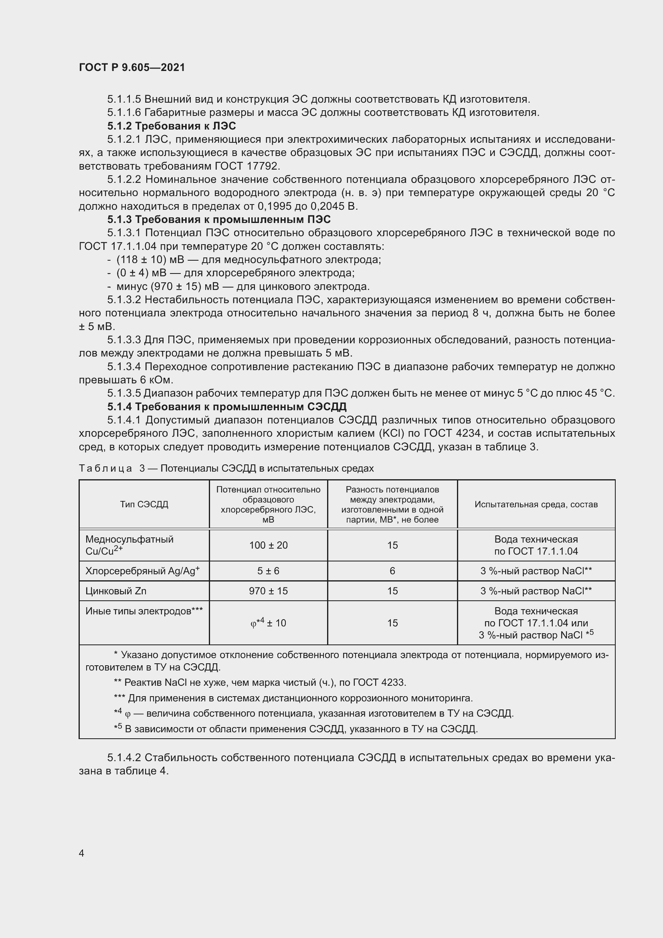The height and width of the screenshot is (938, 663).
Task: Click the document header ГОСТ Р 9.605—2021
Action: tap(132, 67)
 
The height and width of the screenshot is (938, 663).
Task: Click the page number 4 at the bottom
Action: tap(82, 853)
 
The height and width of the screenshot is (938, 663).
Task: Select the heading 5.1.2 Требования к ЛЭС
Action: tap(172, 126)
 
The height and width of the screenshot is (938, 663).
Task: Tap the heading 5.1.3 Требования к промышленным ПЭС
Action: tap(219, 219)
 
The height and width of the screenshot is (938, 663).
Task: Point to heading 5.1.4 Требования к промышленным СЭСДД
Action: tap(226, 407)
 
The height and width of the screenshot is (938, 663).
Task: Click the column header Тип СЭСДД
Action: tap(144, 504)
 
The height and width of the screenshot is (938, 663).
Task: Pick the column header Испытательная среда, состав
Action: tap(536, 504)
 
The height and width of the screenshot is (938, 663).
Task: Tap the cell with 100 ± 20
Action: tap(268, 545)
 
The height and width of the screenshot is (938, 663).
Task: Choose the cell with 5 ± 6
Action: tap(268, 571)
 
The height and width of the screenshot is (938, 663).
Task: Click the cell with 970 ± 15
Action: tap(268, 591)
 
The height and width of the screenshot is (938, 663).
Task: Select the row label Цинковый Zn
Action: tap(116, 591)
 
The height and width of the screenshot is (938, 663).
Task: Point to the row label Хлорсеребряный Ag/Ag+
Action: tap(142, 571)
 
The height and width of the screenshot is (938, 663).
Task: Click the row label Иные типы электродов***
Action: tap(144, 611)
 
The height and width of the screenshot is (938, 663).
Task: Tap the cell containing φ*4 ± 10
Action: tap(268, 623)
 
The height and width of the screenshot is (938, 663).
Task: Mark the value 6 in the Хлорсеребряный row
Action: tap(392, 571)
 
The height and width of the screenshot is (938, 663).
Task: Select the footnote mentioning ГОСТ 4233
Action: tap(260, 682)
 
